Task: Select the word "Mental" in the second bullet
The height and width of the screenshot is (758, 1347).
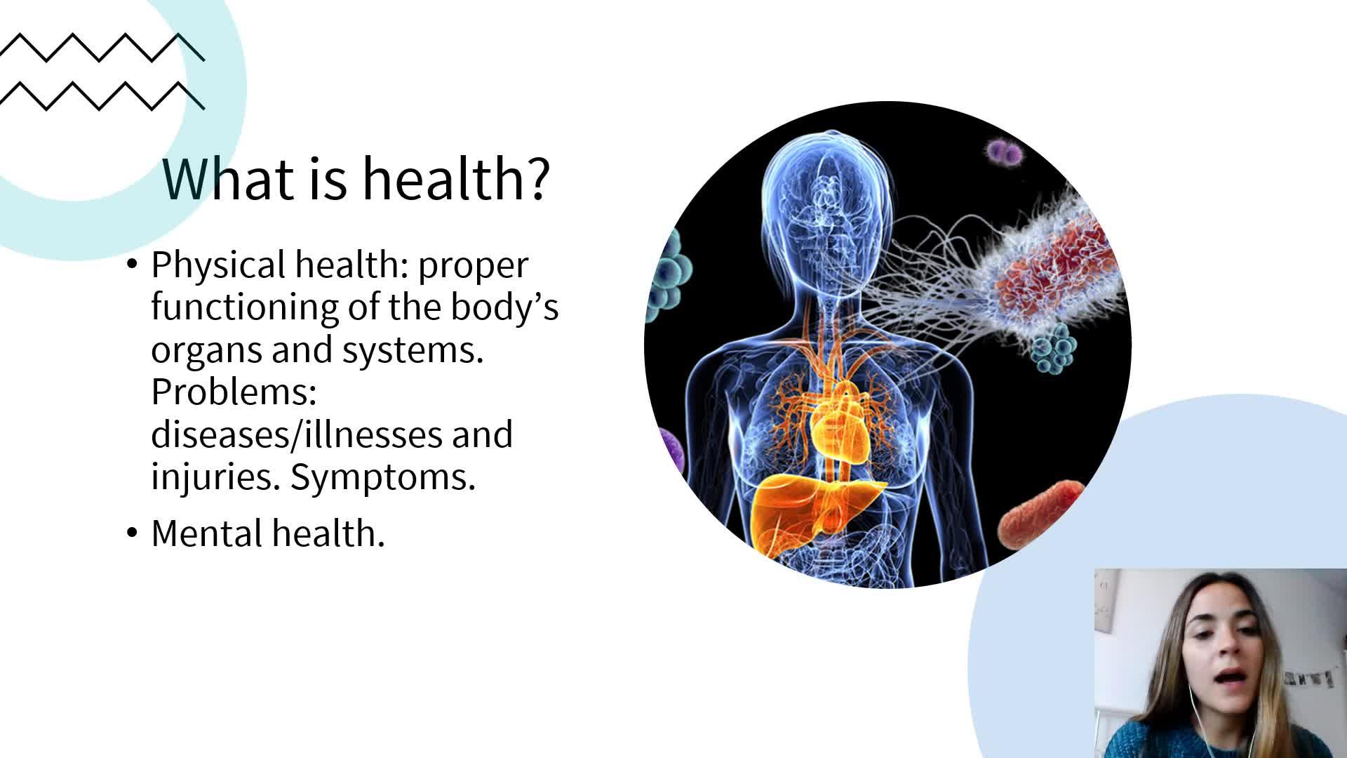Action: point(207,533)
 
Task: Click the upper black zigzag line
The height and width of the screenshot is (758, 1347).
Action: point(102,47)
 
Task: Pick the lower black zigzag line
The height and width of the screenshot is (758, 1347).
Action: point(102,95)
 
